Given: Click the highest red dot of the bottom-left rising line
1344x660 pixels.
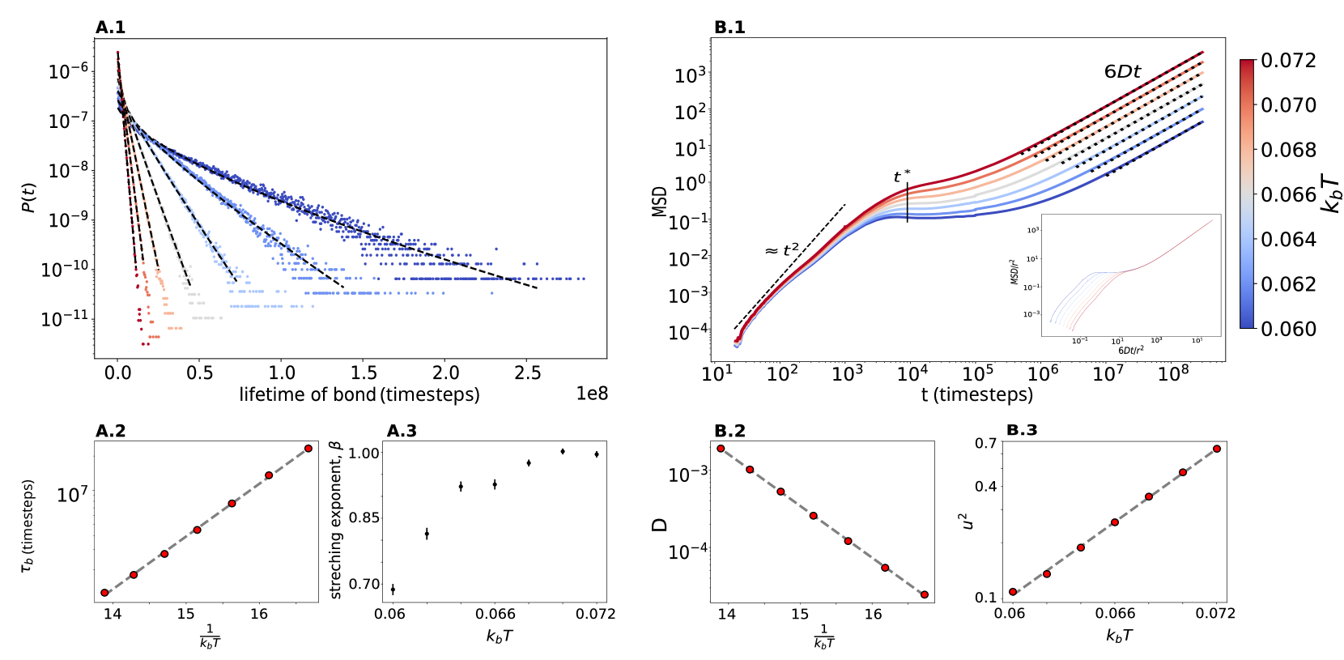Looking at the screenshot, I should [308, 449].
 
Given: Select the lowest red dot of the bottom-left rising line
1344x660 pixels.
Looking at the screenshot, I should [104, 593].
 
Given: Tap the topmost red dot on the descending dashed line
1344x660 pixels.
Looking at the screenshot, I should [721, 449].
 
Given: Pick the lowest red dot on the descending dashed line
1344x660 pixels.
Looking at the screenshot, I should [924, 594].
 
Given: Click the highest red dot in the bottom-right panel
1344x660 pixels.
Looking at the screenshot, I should [1216, 449].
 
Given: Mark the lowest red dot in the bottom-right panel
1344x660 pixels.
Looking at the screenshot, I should [1013, 592].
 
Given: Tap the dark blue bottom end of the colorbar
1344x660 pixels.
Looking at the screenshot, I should [1246, 324].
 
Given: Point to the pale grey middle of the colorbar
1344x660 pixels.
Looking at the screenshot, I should [1246, 193].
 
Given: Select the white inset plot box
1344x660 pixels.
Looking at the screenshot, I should [1130, 275].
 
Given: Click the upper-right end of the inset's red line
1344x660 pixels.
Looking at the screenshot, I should [1212, 220].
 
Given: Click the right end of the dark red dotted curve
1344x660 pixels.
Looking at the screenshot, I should [1203, 51].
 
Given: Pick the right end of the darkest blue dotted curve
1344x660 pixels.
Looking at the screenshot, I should [1203, 121].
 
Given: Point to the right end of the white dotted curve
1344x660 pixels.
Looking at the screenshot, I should [1203, 83].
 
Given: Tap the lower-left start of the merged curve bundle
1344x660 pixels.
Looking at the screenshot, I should [737, 343].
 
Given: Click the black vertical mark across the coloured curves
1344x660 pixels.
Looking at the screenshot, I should [908, 202].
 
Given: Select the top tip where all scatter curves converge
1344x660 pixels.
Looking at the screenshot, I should [117, 52].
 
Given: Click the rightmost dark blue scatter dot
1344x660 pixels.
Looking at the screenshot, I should [583, 279].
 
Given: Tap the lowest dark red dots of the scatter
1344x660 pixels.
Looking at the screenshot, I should [145, 344].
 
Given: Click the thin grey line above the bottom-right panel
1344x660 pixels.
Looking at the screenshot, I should [1114, 441].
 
